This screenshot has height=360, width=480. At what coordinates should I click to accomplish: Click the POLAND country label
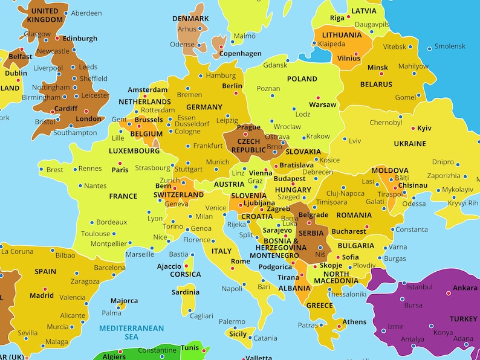[302, 79]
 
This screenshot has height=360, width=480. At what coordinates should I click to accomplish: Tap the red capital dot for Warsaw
[318, 97]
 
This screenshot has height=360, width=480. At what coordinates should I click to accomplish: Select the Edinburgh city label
[80, 39]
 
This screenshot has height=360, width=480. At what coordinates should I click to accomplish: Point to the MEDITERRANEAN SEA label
[131, 332]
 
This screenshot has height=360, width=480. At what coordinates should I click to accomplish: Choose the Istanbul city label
[420, 287]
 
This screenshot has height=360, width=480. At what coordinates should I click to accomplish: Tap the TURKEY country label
[463, 318]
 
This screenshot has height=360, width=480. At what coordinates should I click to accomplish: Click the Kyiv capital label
[424, 129]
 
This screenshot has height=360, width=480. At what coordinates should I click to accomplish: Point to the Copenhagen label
[241, 54]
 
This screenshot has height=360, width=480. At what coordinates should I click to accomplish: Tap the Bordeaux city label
[111, 222]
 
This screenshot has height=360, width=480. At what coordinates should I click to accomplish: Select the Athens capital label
[354, 322]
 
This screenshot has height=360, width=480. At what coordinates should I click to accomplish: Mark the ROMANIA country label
[354, 216]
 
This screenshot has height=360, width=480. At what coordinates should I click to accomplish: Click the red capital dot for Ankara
[449, 293]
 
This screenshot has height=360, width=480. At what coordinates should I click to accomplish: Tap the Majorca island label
[124, 301]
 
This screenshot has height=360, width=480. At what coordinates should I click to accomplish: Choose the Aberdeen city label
[86, 13]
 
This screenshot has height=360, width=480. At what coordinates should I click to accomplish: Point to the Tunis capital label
[190, 348]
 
